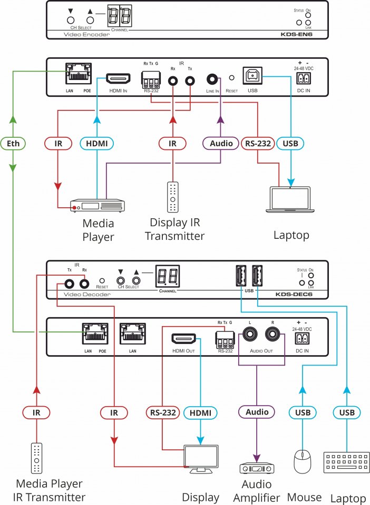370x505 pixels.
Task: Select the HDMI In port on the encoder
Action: [118, 79]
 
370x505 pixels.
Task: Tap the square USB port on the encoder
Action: [250, 77]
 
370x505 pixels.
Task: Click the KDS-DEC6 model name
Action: [297, 295]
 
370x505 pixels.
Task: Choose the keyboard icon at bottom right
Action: [346, 463]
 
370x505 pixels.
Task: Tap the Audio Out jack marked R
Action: [272, 334]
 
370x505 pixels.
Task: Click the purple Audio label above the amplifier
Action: [257, 412]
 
